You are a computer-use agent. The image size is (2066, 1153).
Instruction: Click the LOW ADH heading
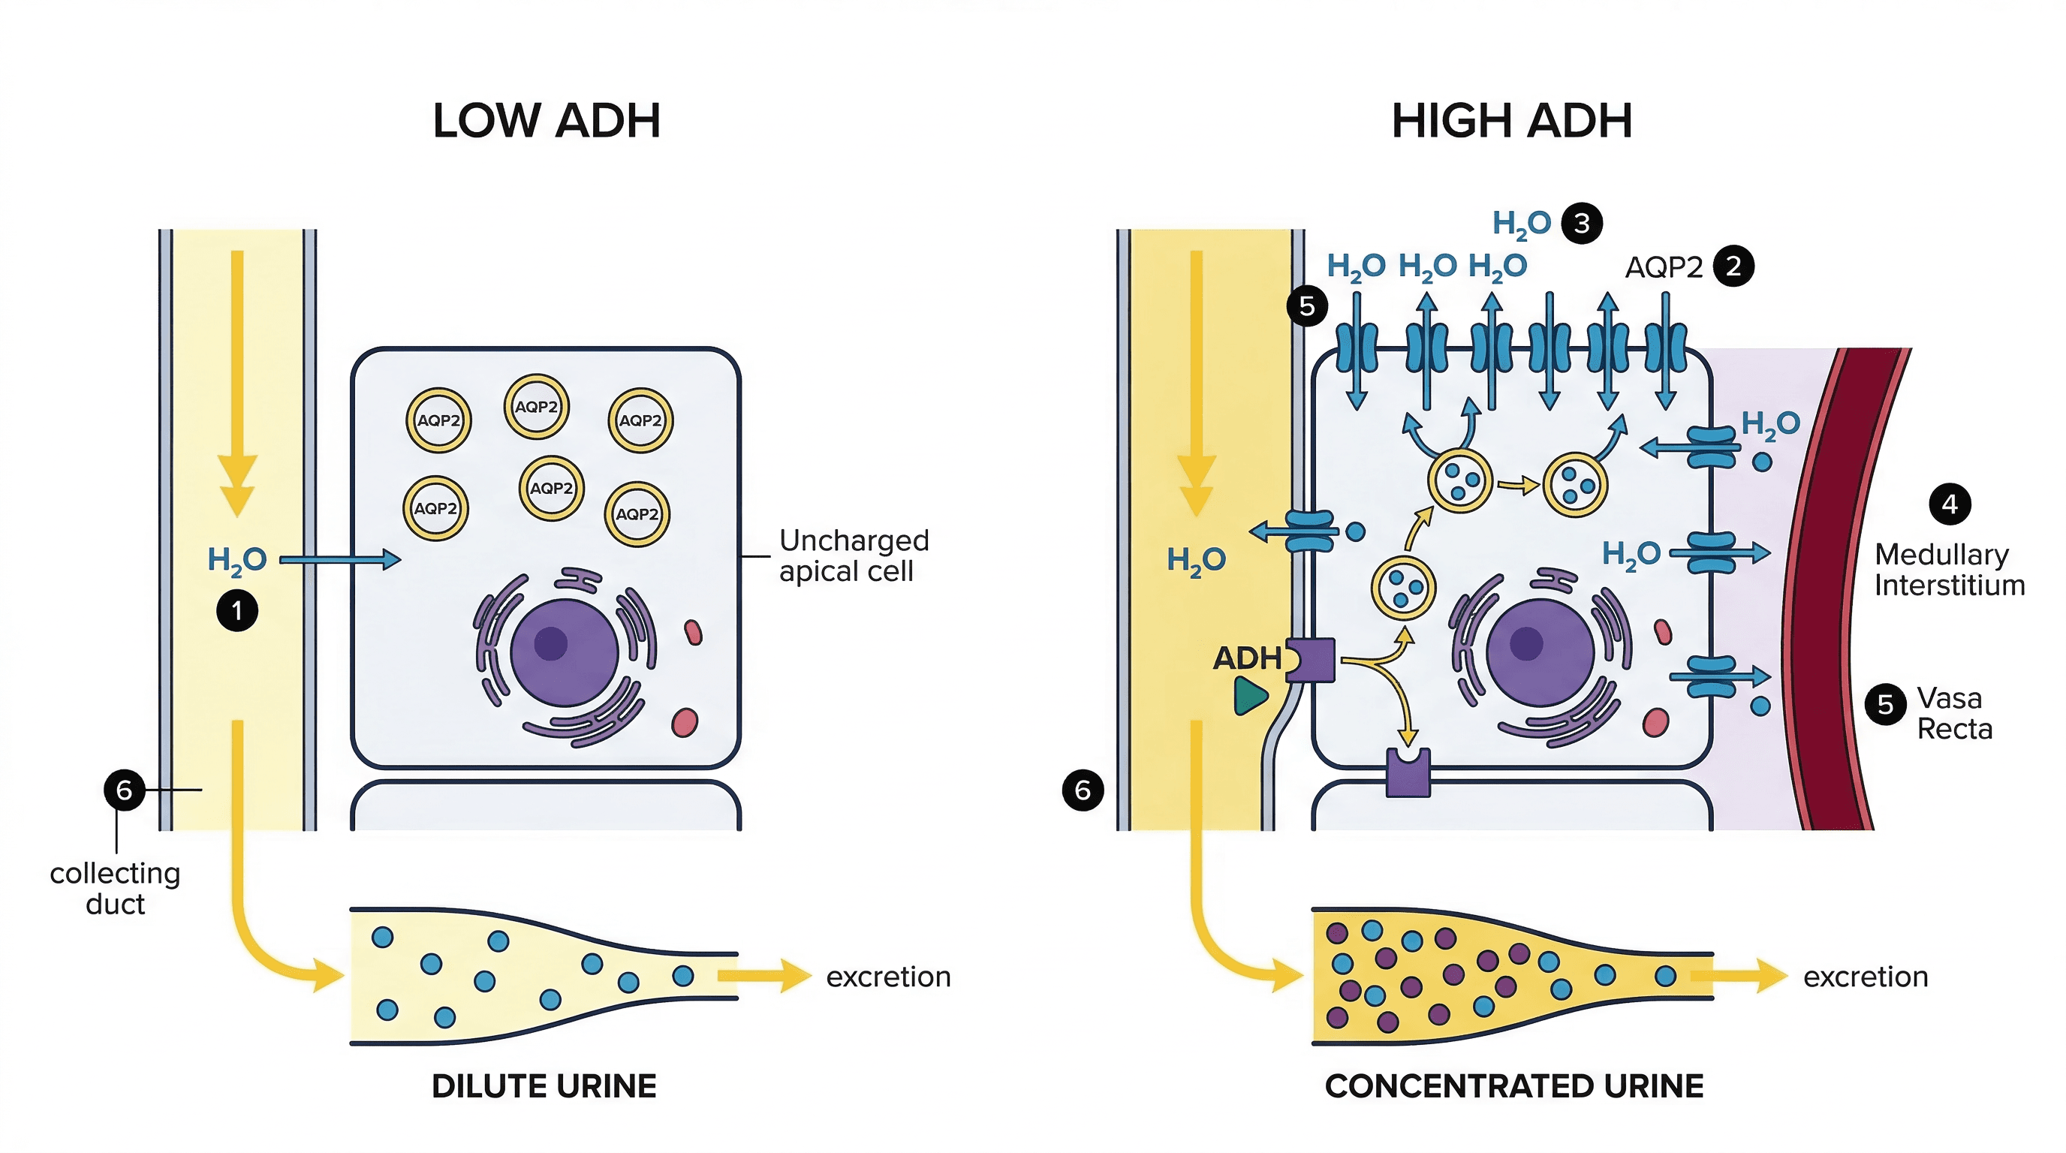547,121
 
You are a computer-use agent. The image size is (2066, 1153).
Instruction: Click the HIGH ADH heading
1511,121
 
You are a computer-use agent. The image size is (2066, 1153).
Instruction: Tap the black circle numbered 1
237,611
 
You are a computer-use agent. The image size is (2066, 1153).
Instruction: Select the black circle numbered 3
1582,223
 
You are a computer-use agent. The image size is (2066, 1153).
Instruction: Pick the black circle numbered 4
1950,504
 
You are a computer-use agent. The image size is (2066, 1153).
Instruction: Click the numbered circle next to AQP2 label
1733,266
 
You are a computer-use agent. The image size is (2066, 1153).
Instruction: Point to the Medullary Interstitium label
1948,569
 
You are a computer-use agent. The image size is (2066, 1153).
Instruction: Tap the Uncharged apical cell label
853,555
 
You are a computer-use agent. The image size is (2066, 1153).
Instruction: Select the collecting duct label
116,887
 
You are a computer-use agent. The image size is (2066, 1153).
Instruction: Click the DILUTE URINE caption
544,1086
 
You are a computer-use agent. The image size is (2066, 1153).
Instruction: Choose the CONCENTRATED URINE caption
1513,1086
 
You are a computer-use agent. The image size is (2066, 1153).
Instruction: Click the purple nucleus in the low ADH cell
564,651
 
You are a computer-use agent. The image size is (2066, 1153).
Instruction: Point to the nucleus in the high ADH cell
1539,651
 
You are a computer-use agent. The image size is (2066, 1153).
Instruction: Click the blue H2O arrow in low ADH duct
341,559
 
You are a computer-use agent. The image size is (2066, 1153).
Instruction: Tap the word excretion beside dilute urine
888,977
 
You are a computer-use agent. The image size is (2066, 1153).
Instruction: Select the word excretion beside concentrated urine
1865,977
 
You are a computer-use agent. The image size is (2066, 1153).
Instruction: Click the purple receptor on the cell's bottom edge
1408,774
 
